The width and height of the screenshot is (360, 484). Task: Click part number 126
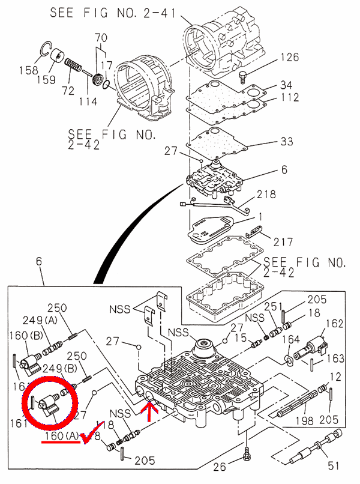[289, 58]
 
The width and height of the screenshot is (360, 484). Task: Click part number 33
[287, 142]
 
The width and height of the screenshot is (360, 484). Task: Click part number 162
[334, 324]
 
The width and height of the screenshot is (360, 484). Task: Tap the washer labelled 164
[289, 360]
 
